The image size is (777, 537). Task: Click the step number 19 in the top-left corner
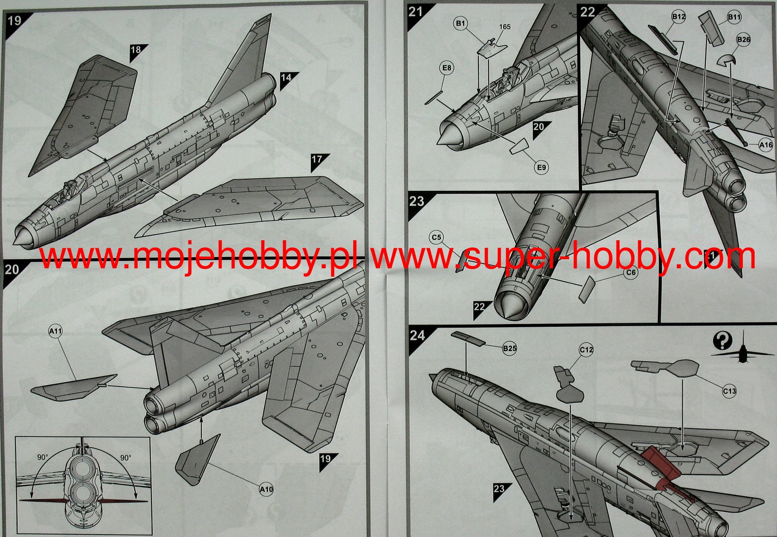coord(14,20)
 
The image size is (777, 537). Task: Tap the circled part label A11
coord(55,331)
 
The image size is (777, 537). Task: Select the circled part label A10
coord(266,489)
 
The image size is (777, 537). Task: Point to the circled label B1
coord(460,24)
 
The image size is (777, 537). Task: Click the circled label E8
coord(447,68)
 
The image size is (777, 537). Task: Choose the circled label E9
coord(541,167)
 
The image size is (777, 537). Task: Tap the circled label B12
coord(678,17)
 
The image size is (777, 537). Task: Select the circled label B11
coord(734,17)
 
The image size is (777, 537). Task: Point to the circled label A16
coord(766,145)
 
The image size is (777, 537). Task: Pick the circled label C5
coord(437,238)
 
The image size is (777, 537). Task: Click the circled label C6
coord(631,272)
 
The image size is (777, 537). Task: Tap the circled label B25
coord(509,348)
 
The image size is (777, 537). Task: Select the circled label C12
coord(586,350)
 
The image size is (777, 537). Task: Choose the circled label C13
coord(729,391)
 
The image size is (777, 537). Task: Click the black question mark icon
coord(722,341)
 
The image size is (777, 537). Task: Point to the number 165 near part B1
coord(505,27)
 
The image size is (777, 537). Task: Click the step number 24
coord(417,335)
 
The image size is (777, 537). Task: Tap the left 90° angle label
coord(42,457)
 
